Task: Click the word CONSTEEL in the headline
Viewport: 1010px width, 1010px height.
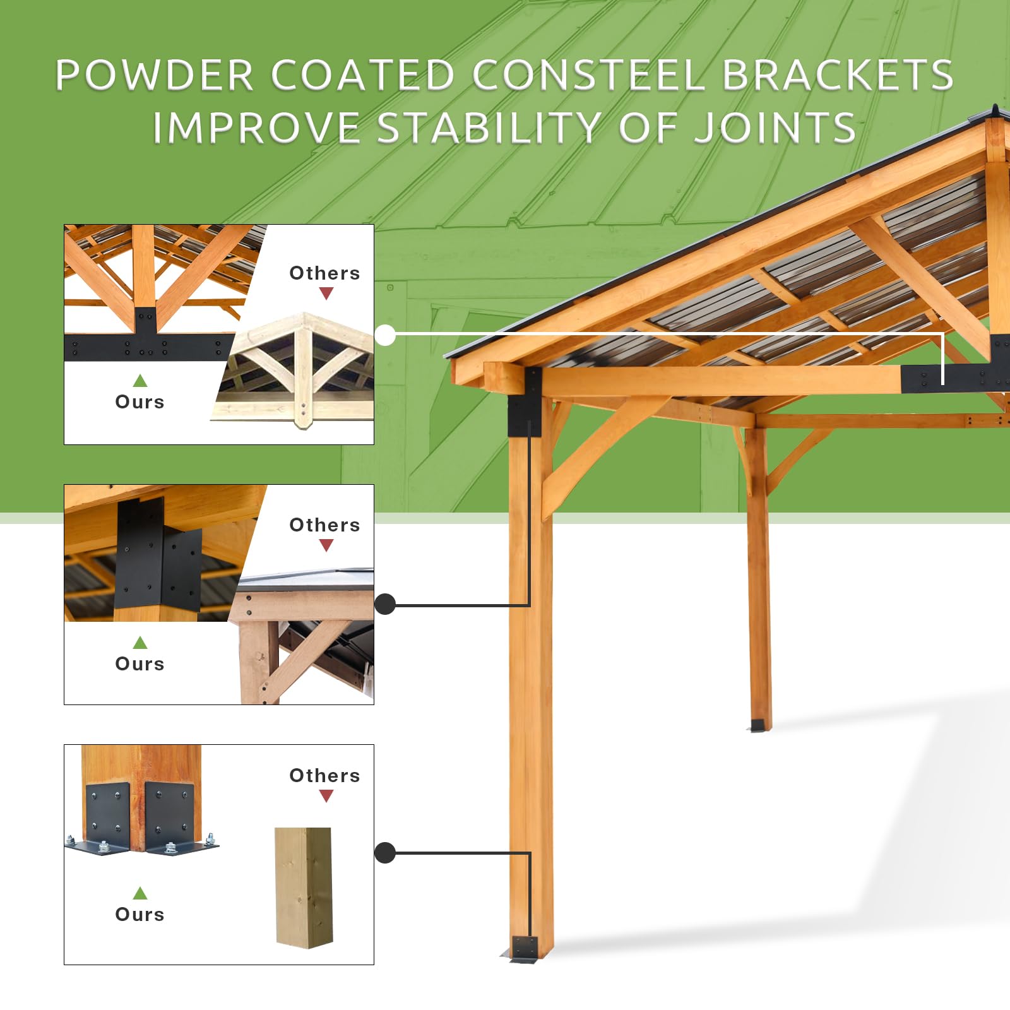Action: [588, 75]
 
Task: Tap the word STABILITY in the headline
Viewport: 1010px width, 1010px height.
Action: [489, 128]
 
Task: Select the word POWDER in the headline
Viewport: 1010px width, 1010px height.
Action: [155, 75]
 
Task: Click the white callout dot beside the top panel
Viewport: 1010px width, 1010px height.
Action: [385, 335]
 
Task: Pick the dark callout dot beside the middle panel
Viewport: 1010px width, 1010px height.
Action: [385, 604]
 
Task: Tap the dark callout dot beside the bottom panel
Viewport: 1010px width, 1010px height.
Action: [385, 853]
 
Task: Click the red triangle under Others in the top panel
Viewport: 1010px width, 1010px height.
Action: [326, 294]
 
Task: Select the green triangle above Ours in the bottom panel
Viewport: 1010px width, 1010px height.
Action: [140, 893]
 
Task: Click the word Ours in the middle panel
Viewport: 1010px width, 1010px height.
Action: [140, 664]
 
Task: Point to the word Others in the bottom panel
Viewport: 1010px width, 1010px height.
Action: [324, 776]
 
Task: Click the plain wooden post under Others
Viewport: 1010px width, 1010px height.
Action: [304, 887]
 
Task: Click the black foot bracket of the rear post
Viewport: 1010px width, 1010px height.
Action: [757, 725]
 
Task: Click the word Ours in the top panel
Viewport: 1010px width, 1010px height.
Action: [140, 402]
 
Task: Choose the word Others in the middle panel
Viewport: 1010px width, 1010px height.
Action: [324, 525]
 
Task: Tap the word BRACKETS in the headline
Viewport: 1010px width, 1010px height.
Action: [837, 75]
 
